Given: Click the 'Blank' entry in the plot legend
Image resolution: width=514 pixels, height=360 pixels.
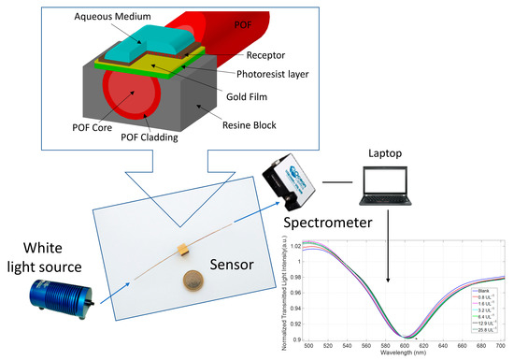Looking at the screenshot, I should (x=485, y=291).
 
